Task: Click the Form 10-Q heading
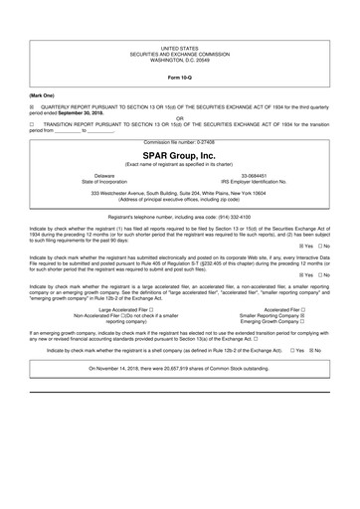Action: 180,76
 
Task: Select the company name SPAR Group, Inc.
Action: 180,154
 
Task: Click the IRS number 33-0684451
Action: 262,175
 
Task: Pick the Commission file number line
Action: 180,143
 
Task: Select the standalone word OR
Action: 180,123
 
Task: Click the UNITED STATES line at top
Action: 180,47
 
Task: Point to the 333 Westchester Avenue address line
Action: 180,194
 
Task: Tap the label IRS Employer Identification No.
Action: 262,182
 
